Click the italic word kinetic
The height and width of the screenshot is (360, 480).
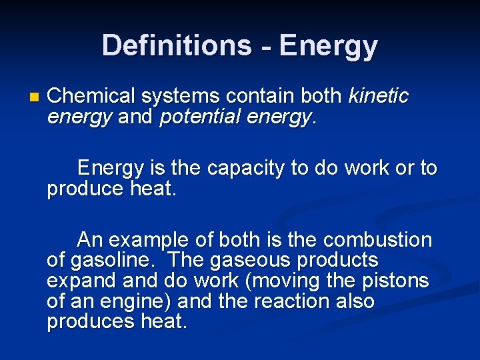[x=378, y=96]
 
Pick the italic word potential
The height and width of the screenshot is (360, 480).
[x=201, y=117]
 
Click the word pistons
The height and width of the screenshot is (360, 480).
[x=399, y=281]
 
